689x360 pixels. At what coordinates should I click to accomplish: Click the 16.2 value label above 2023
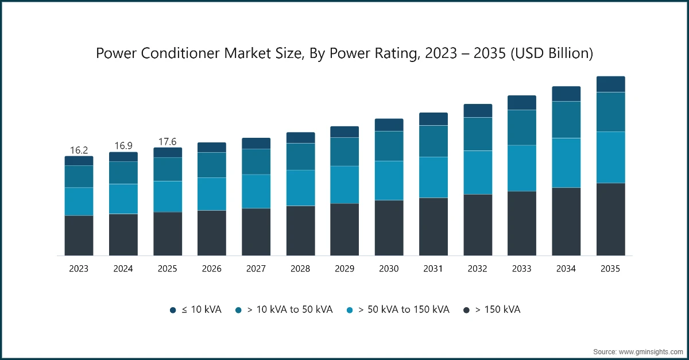[79, 150]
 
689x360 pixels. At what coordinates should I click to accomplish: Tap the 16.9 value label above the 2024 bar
[123, 146]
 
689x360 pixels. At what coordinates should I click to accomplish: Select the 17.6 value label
[168, 142]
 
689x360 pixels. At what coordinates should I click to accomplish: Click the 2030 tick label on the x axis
[389, 269]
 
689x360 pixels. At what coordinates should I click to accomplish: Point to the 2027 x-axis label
[256, 269]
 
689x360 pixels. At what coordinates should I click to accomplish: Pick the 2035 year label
[610, 269]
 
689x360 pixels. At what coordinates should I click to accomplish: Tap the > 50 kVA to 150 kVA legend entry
[398, 310]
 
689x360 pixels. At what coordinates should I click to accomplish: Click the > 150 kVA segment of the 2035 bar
[610, 219]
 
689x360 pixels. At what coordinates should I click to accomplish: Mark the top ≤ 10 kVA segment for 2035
[610, 84]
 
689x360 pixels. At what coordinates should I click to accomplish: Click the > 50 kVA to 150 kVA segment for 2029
[344, 184]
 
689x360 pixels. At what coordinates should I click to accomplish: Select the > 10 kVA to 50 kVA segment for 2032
[478, 134]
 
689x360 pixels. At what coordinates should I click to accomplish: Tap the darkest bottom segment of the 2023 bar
[79, 235]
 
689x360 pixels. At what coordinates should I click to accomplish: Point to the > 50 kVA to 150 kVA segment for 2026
[212, 193]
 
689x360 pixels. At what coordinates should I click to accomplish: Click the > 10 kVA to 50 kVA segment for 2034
[566, 119]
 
